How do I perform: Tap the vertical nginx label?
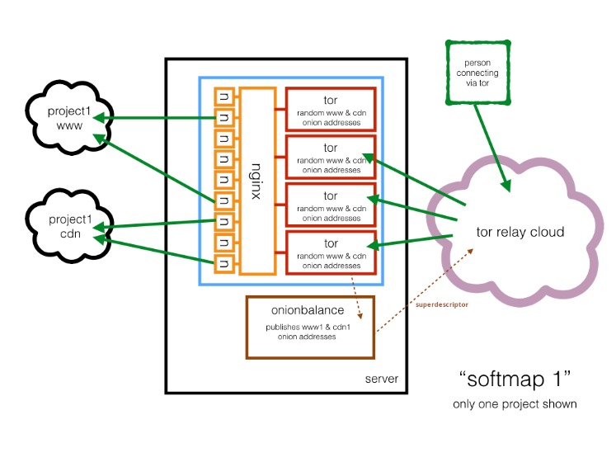pyautogui.click(x=256, y=181)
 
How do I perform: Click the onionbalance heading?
pyautogui.click(x=308, y=310)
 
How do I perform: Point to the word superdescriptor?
pyautogui.click(x=442, y=304)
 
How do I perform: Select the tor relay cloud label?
pyautogui.click(x=520, y=232)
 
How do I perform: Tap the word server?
pyautogui.click(x=382, y=379)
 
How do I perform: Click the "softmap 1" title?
pyautogui.click(x=515, y=379)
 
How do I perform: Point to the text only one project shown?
pyautogui.click(x=515, y=404)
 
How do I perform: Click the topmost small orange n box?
pyautogui.click(x=224, y=97)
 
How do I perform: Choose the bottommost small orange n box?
pyautogui.click(x=224, y=263)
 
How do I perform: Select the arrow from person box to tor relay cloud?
pyautogui.click(x=491, y=148)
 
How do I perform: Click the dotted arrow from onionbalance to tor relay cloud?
pyautogui.click(x=425, y=290)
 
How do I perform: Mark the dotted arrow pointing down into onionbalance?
pyautogui.click(x=356, y=298)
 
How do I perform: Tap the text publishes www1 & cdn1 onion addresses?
pyautogui.click(x=308, y=332)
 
